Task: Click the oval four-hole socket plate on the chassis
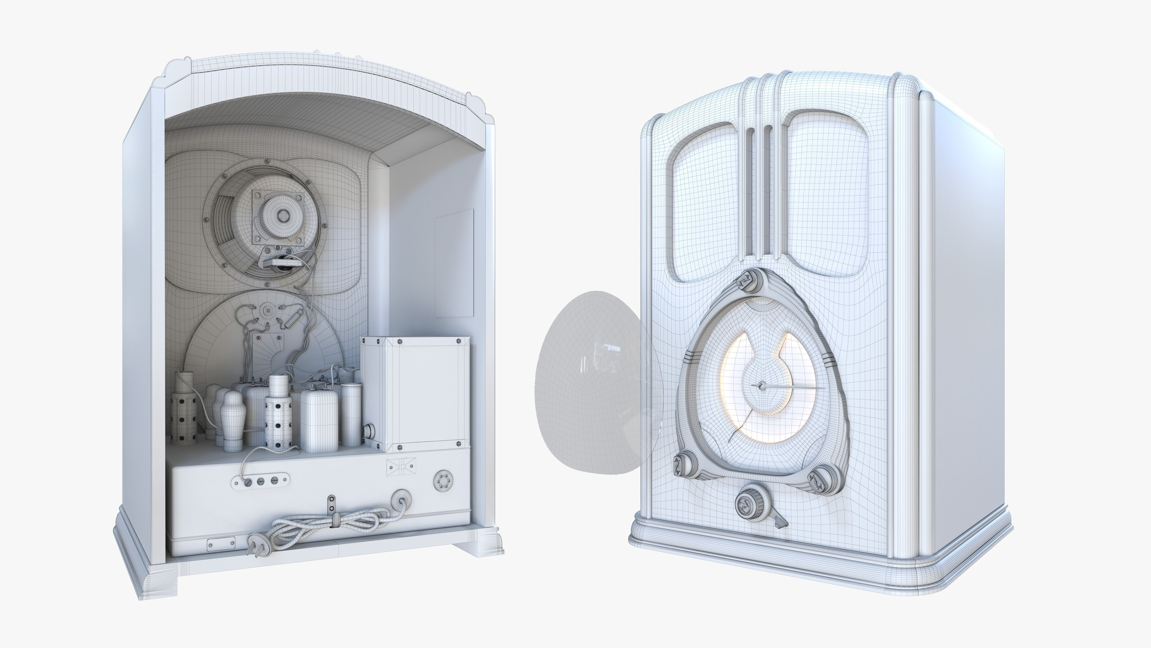point(260,481)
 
